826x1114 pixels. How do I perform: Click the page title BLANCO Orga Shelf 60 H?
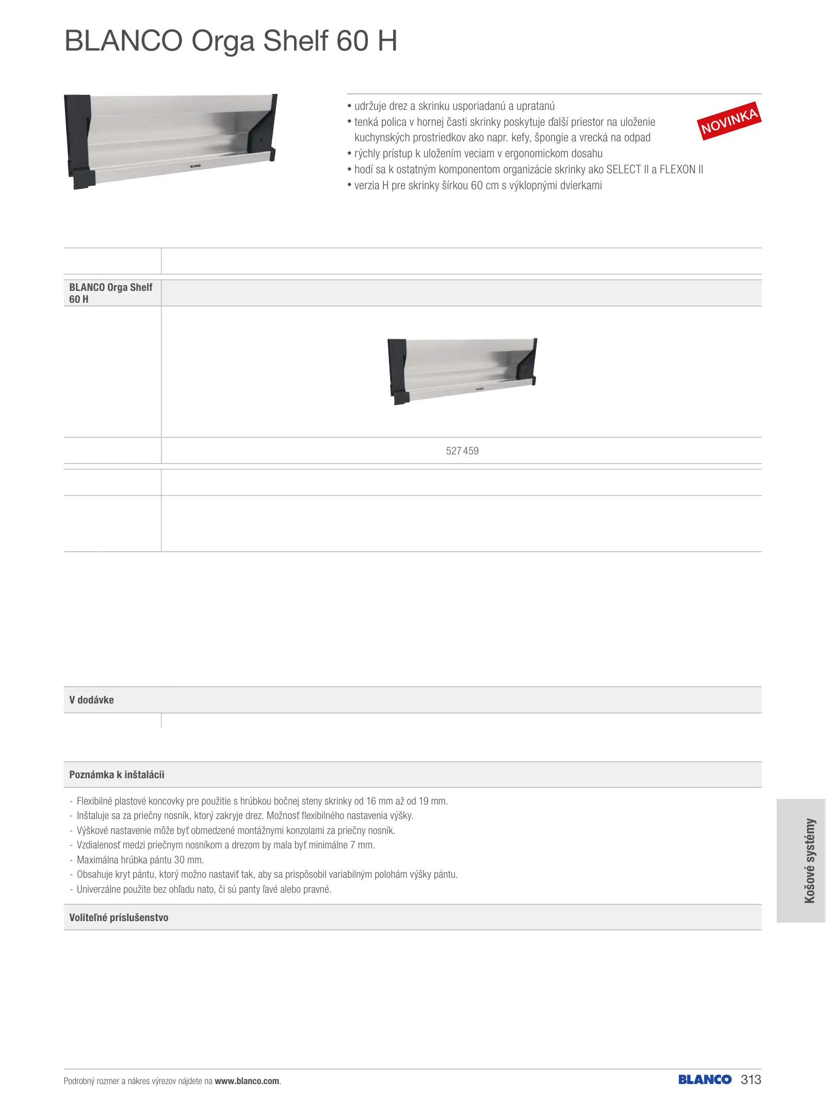231,41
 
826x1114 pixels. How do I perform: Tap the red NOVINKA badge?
728,121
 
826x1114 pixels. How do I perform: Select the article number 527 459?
462,451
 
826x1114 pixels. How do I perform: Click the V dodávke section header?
92,700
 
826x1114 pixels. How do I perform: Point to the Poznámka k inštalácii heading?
117,775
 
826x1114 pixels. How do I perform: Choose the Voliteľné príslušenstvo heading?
119,918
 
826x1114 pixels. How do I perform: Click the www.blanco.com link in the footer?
247,1081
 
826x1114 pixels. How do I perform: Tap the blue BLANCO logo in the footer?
704,1079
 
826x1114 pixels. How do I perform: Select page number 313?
751,1079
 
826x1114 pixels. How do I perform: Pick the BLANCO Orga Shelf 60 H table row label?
111,293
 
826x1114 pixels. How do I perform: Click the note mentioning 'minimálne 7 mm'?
225,845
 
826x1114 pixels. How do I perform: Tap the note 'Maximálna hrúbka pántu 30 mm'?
140,860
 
